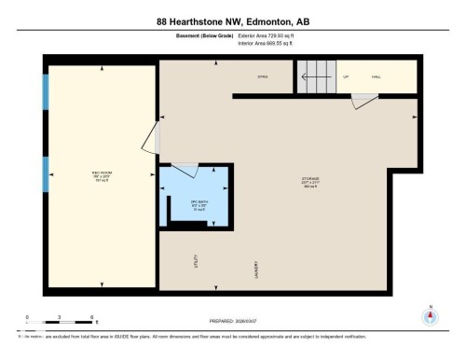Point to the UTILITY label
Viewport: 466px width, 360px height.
[x=196, y=264]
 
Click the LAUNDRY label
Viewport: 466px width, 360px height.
[x=256, y=270]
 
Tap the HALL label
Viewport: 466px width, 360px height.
[x=377, y=76]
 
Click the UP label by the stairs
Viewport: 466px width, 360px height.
[x=346, y=76]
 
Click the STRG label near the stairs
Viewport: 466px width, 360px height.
[x=264, y=76]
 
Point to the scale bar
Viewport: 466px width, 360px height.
[x=60, y=323]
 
